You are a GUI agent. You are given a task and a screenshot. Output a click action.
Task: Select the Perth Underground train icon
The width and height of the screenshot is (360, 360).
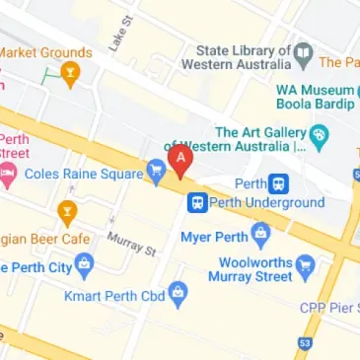pos(197,202)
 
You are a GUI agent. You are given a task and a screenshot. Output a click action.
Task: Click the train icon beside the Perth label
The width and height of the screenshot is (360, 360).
pos(279,183)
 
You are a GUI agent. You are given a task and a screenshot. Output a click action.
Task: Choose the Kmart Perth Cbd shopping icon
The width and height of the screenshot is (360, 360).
pos(178,293)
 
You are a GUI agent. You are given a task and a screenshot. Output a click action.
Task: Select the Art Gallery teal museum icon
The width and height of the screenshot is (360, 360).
pos(319,133)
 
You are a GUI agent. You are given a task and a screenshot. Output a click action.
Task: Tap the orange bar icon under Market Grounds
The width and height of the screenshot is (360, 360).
pos(70,73)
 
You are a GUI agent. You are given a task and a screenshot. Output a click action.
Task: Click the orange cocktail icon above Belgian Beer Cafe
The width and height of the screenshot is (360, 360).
pos(66,211)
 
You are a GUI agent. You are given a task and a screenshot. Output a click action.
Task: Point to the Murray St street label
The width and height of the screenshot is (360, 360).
pos(132,243)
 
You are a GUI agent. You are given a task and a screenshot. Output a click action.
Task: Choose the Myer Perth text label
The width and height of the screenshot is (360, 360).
pos(212,238)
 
